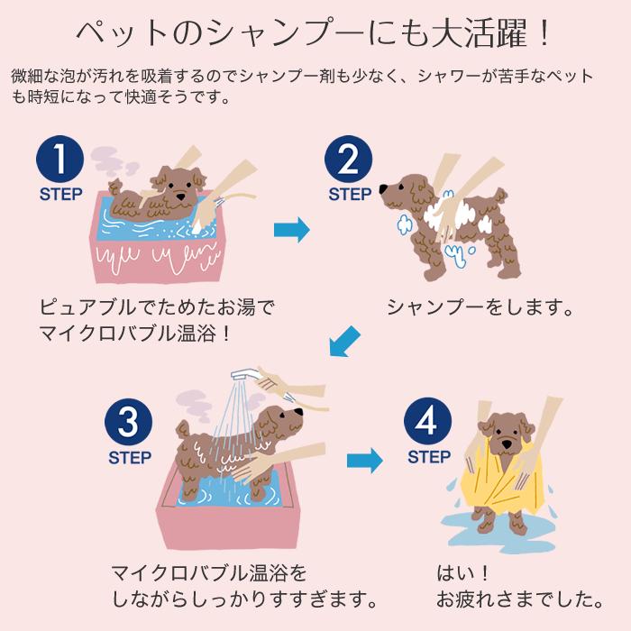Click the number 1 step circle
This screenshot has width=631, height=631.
60,159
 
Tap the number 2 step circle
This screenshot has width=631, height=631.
348,159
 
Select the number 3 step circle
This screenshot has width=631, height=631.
128,422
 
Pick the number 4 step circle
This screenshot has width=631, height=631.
427,421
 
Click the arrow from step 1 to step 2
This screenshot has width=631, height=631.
292,230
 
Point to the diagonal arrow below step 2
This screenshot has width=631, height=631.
344,342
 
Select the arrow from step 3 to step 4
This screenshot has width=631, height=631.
365,461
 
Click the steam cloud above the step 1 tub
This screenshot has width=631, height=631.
111,162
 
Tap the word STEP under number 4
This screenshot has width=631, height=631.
429,457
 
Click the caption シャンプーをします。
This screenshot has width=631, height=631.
480,307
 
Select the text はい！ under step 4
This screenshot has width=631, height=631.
463,573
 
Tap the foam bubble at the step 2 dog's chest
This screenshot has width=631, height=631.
404,224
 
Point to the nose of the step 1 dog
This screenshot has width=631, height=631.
182,197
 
